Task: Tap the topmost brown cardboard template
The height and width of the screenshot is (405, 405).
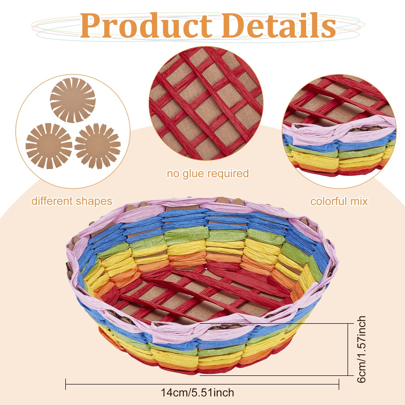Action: click(x=73, y=100)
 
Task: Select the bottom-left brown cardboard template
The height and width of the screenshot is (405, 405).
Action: click(x=49, y=146)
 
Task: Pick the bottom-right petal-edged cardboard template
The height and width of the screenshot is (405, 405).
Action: click(x=97, y=146)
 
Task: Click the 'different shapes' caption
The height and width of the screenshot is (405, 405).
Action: click(x=72, y=201)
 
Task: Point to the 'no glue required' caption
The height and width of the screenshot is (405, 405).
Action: click(x=208, y=174)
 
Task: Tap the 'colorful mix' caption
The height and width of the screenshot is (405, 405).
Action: click(x=339, y=201)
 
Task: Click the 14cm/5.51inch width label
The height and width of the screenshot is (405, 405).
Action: click(x=197, y=393)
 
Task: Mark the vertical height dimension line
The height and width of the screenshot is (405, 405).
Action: click(x=348, y=349)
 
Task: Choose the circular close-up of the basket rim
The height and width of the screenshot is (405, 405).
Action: click(x=339, y=132)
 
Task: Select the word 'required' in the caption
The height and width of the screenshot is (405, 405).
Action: click(x=228, y=174)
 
